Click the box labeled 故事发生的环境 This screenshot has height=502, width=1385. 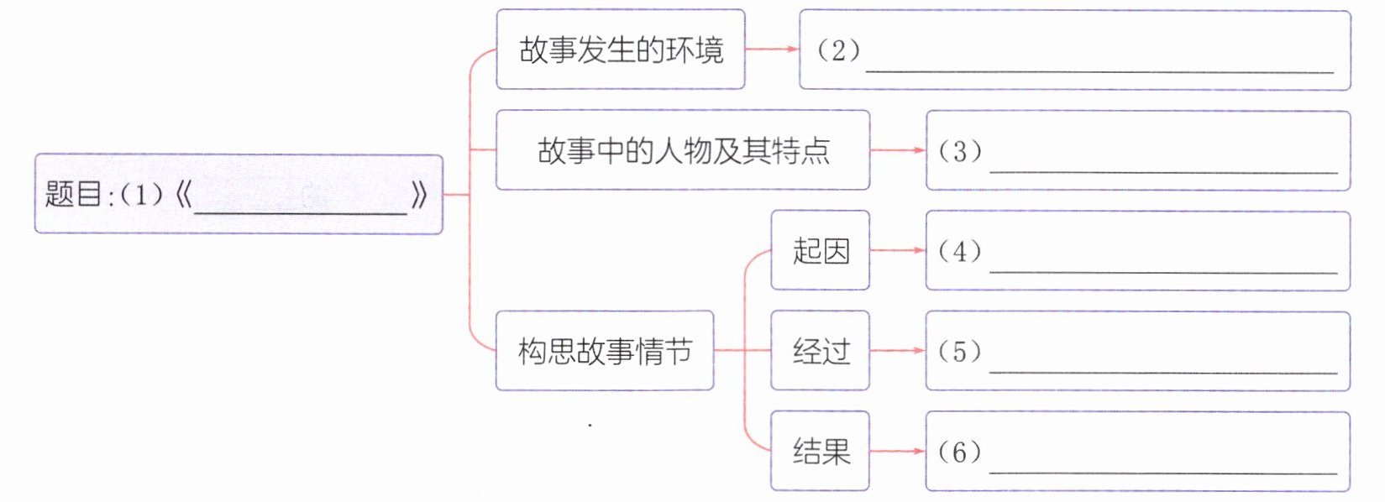click(x=620, y=50)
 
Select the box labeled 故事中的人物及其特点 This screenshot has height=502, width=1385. click(x=682, y=150)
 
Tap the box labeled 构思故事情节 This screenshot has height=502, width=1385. click(x=604, y=351)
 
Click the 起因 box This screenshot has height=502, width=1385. click(x=820, y=250)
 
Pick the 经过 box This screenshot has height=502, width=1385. click(x=820, y=351)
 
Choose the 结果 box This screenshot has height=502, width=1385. click(x=820, y=452)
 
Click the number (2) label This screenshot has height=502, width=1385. click(x=838, y=50)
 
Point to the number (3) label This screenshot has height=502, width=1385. click(x=959, y=151)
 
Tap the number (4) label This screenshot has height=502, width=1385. click(x=959, y=251)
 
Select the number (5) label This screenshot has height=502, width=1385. click(x=959, y=351)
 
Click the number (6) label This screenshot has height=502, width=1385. click(x=959, y=452)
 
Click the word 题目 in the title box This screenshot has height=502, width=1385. click(x=72, y=195)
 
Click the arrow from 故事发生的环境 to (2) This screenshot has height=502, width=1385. click(x=772, y=50)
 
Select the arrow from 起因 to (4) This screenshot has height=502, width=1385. click(x=897, y=250)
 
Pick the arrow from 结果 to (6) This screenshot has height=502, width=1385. click(x=897, y=452)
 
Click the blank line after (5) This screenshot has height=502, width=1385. click(x=1163, y=370)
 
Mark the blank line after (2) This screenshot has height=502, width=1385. click(x=1099, y=71)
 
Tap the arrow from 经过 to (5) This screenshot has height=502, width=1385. click(x=897, y=351)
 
